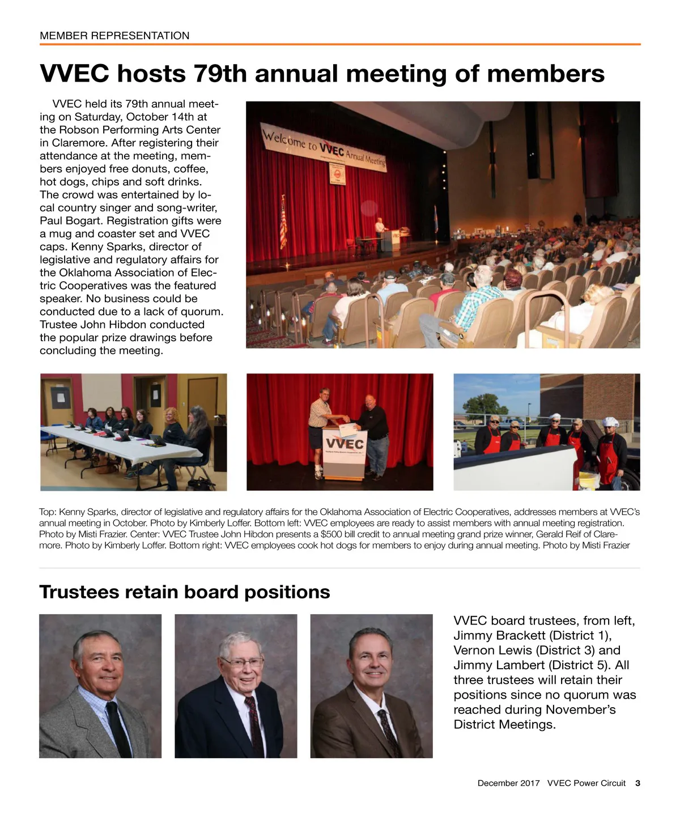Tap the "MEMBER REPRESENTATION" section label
[114, 36]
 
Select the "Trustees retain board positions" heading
[184, 592]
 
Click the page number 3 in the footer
[637, 783]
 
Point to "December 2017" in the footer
[508, 783]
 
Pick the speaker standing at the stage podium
[379, 232]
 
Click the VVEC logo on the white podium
[344, 443]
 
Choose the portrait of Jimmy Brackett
[100, 686]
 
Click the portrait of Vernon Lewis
[236, 686]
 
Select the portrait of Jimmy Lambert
[371, 686]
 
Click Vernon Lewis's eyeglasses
[242, 661]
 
